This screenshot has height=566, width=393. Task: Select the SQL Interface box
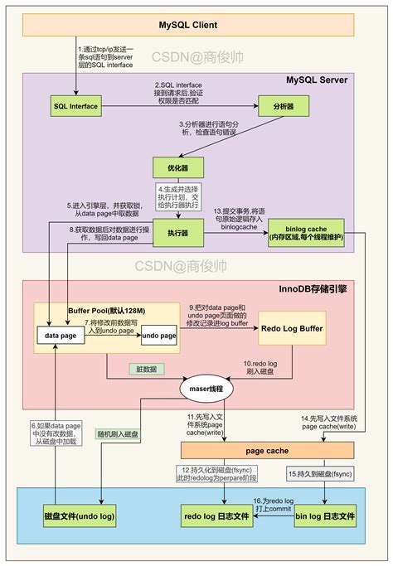coord(75,107)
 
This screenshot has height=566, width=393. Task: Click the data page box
coord(61,336)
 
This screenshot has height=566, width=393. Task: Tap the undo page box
coord(159,336)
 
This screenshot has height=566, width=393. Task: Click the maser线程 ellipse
coord(207,387)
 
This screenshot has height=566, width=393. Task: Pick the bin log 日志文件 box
coord(325,516)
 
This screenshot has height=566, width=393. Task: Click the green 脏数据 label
coord(147,369)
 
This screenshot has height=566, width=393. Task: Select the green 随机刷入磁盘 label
coord(119,433)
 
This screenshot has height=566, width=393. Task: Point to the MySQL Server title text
coord(317,80)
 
